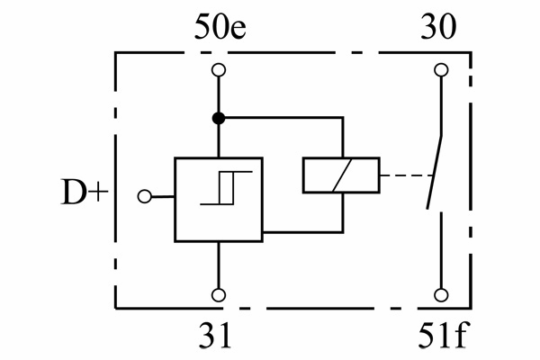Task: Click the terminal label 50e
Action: coord(218,28)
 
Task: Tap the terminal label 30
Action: coord(440,28)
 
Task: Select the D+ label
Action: coord(85,194)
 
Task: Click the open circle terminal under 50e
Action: coord(218,69)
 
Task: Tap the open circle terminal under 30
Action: coord(440,69)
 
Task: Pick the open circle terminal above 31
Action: coord(218,294)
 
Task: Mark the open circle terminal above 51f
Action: coord(440,294)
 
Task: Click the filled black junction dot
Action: coord(218,118)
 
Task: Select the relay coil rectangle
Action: coord(341,175)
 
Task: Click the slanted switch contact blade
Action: coord(432,171)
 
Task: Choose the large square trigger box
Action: coord(219,200)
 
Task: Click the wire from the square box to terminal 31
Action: coord(218,265)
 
